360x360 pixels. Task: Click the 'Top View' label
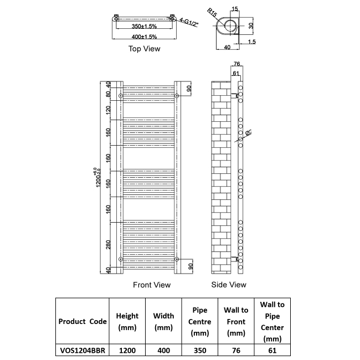point(144,49)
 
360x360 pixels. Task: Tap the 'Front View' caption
point(152,285)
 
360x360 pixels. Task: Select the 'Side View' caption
point(229,285)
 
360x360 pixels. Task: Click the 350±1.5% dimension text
point(144,27)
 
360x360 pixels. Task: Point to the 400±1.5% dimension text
point(144,37)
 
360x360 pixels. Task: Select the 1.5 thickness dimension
point(252,42)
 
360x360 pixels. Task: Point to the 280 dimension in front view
point(109,244)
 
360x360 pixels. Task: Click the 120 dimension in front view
point(109,111)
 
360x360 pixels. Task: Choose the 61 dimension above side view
point(236,73)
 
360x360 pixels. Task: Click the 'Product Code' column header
point(83,322)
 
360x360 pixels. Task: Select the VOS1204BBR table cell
point(83,350)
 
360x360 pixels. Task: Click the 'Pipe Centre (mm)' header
point(199,322)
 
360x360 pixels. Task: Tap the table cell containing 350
point(199,350)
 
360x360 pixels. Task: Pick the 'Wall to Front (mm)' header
point(236,322)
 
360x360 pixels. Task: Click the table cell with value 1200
point(127,350)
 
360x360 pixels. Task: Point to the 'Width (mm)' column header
point(163,322)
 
